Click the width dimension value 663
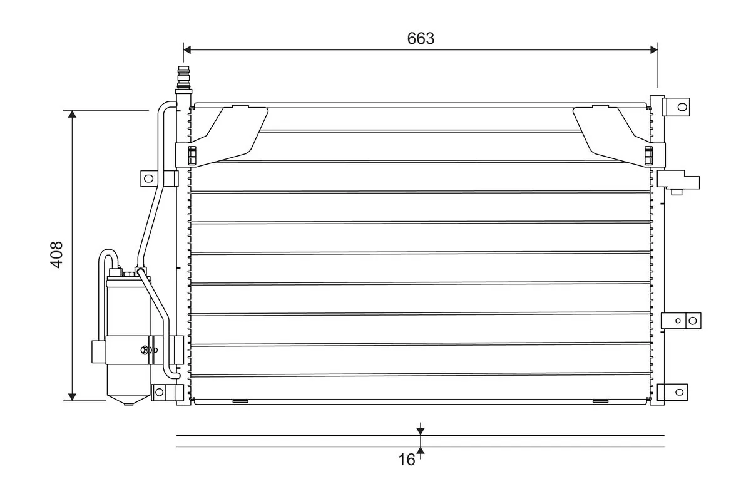click(421, 38)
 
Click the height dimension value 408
click(56, 254)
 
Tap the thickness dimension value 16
click(406, 460)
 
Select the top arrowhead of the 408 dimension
click(73, 115)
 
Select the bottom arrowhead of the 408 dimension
click(73, 396)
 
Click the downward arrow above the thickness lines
click(421, 430)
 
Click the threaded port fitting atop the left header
click(183, 76)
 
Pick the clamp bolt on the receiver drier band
click(146, 350)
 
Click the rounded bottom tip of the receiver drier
click(129, 402)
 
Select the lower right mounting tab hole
click(679, 392)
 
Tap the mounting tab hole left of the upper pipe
click(148, 178)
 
